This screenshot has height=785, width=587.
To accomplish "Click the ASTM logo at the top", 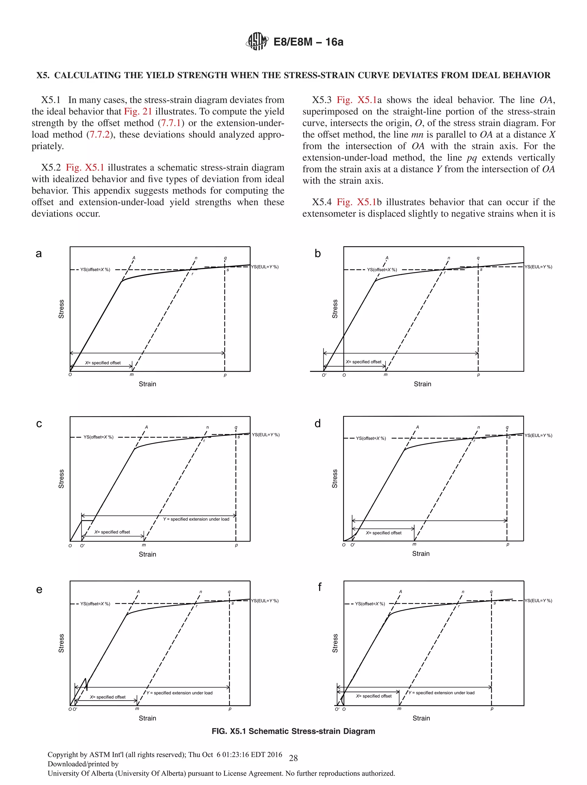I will (257, 42).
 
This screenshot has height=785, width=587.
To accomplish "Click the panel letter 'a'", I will (39, 253).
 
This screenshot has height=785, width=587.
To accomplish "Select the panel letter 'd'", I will (318, 423).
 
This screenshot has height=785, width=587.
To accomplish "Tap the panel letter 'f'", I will (320, 587).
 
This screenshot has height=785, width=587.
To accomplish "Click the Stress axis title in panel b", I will (334, 309).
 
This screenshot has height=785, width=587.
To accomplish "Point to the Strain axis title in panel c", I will (147, 554).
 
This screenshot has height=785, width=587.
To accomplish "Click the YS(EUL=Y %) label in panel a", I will (265, 267).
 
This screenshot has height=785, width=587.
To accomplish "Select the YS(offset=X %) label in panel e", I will (95, 604).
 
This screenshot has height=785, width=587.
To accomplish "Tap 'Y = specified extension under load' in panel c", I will (196, 519).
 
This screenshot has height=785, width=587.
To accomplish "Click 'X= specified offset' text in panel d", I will (383, 533).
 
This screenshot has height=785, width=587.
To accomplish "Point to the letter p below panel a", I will (225, 375).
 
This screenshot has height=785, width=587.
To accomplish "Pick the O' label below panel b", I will (324, 375).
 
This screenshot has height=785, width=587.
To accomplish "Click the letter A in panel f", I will (401, 592).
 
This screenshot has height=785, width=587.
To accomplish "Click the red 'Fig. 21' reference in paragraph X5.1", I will (138, 111).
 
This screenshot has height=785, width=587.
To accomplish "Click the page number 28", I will (293, 758).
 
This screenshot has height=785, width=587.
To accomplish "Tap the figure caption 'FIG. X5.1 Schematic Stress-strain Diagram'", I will (293, 731).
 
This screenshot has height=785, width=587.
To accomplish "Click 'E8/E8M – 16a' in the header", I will (308, 42).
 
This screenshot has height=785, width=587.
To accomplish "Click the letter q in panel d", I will (507, 427).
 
